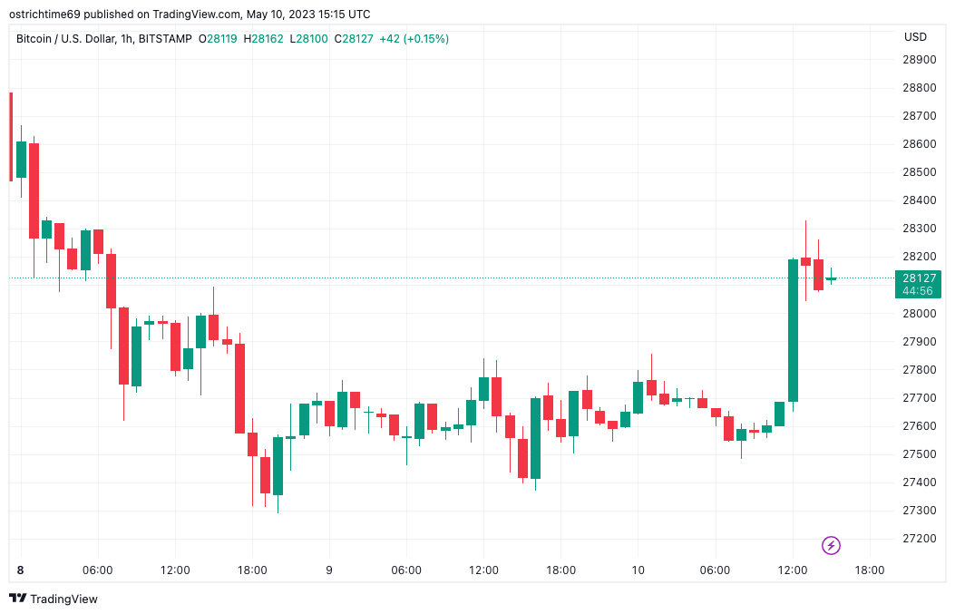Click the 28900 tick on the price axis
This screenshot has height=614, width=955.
coord(919,60)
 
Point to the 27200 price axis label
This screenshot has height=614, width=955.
coord(919,539)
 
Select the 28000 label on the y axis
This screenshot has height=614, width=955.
coord(919,314)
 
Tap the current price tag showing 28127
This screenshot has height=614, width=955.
coord(918,278)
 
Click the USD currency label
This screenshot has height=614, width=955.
coord(915,37)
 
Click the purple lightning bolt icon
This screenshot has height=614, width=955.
coord(831,545)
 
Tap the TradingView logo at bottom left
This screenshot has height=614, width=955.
coord(54,599)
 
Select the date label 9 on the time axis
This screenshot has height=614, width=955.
coord(329,570)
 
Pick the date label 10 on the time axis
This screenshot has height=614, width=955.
coord(638,570)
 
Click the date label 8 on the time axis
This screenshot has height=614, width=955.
coord(21,570)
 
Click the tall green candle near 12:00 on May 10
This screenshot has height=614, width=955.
coord(793,330)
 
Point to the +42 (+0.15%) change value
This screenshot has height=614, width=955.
coord(414,39)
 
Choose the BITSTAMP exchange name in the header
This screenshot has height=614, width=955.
coord(168,39)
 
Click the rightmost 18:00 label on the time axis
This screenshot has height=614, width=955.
coord(870,570)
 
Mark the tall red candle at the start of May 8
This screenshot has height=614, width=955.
coord(34,190)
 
